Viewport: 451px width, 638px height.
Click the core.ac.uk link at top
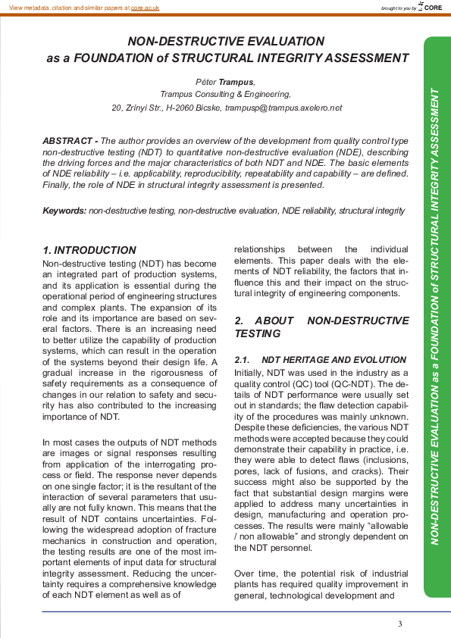145,7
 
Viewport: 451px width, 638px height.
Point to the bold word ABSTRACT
67,141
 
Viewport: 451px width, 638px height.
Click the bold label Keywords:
64,210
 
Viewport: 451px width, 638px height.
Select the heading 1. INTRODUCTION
89,250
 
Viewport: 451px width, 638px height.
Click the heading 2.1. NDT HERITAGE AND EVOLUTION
320,359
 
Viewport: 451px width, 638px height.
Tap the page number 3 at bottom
399,624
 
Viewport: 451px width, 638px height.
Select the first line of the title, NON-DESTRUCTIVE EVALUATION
226,42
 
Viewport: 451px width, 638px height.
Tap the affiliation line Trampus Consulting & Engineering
226,95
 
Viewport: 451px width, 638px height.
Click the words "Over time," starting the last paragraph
257,574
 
